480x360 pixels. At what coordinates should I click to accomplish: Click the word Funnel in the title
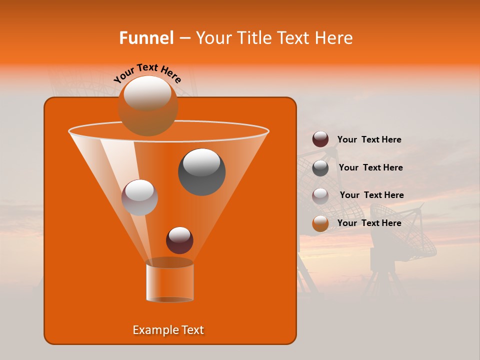coord(146,38)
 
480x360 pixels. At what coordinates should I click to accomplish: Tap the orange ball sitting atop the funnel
coord(147,105)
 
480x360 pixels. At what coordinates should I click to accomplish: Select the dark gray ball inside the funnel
coord(201,171)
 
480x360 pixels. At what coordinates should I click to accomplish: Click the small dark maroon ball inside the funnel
coord(179,240)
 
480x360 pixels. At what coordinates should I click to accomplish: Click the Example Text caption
coord(168,330)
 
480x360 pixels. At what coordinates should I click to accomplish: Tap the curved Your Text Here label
coord(147,73)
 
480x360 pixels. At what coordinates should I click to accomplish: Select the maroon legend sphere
coord(320,139)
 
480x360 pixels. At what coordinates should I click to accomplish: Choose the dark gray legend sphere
coord(320,168)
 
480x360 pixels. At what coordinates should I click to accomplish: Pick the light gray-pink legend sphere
coord(320,195)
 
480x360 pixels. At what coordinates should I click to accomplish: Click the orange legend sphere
coord(320,223)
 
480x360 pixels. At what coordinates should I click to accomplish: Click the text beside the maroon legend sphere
coord(369,140)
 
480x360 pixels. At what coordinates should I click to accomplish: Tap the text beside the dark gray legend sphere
coord(370,168)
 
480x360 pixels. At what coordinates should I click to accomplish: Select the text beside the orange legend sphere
coord(369,223)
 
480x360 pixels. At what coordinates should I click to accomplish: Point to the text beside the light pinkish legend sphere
coord(371,195)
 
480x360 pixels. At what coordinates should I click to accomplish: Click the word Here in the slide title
coord(334,38)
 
